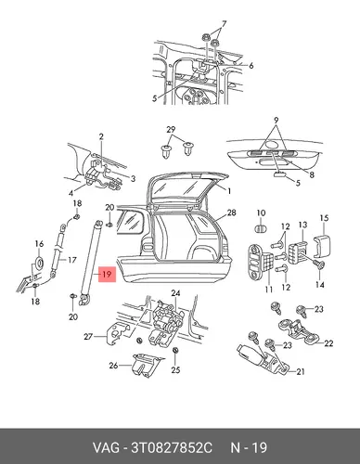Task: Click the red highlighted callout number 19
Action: pos(107,274)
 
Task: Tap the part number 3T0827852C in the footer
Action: pos(172,447)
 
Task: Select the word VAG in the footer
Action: pos(106,447)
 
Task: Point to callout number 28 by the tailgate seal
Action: pos(231,213)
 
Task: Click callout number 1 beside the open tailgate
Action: pos(229,191)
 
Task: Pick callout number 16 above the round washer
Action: pos(39,244)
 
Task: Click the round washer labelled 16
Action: pos(39,262)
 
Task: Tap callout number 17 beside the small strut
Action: pos(71,260)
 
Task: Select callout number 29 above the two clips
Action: pos(171,130)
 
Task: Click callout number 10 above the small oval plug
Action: pos(261,213)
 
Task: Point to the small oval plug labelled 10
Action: pos(262,229)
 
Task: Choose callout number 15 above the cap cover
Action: pos(324,218)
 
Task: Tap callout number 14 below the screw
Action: pos(319,284)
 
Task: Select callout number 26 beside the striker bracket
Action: pos(113,366)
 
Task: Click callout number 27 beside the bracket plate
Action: pos(88,336)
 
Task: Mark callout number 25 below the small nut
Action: pos(175,369)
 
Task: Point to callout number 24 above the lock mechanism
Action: pos(175,292)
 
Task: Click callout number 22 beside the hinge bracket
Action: pos(328,343)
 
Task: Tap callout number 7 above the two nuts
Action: pos(224,24)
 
